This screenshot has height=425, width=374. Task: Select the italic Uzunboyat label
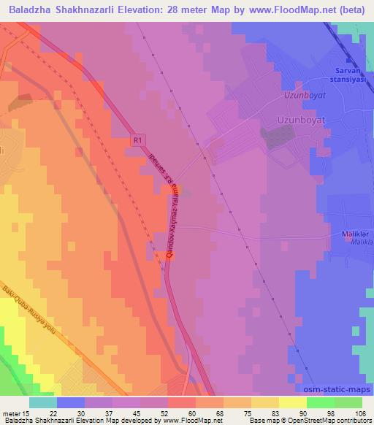302,96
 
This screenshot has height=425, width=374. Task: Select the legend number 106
358,413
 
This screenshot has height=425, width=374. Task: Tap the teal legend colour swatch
43,402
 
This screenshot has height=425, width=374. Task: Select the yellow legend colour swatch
292,402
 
